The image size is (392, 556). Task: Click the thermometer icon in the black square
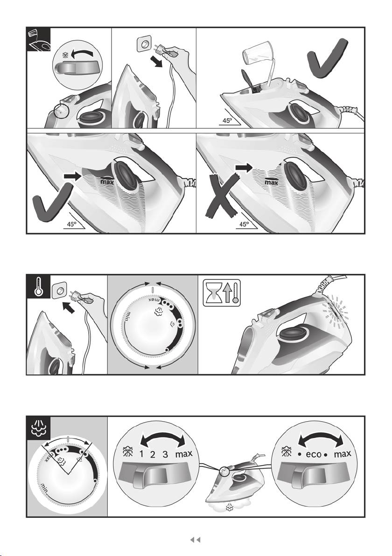click(38, 286)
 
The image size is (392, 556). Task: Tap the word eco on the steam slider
click(313, 454)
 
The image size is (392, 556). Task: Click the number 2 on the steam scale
click(153, 454)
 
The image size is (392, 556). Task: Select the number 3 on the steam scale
click(165, 454)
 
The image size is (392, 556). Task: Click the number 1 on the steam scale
click(141, 454)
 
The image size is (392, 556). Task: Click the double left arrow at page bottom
click(196, 540)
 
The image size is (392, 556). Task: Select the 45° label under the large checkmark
click(72, 224)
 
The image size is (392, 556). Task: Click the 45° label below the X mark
click(245, 224)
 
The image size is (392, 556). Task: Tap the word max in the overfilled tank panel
click(272, 182)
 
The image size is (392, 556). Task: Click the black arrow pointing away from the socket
click(156, 61)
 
